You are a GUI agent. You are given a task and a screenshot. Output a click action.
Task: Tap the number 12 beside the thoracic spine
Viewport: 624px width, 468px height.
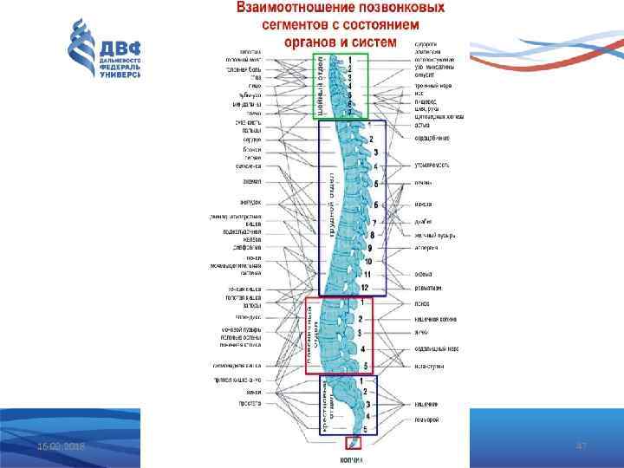click(366, 287)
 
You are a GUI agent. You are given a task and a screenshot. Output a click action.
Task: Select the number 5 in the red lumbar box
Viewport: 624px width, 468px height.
click(366, 366)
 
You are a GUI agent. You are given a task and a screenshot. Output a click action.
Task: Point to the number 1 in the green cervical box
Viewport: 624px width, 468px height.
click(350, 60)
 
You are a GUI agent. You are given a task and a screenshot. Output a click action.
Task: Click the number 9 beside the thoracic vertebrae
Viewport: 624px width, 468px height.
click(368, 248)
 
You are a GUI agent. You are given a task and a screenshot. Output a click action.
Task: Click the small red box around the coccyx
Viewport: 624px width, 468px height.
click(353, 443)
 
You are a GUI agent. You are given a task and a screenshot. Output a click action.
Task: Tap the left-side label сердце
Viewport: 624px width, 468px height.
click(251, 140)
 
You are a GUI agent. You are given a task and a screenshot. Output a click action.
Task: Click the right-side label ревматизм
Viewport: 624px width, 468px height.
click(427, 287)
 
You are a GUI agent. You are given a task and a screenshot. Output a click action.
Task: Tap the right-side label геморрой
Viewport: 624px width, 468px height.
click(426, 420)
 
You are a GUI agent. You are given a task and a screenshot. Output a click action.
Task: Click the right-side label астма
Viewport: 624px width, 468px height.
click(422, 124)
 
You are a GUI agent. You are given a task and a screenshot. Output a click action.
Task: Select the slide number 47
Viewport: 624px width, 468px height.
click(582, 445)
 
